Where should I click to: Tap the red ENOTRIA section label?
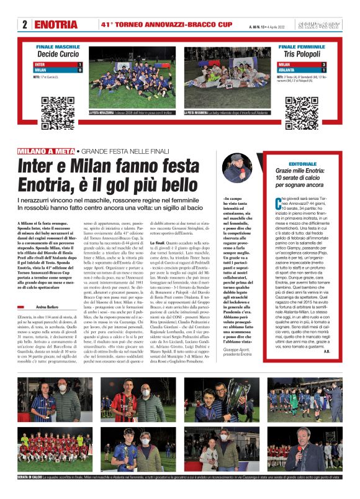[x=56, y=25]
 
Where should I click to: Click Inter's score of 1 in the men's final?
[x=80, y=64]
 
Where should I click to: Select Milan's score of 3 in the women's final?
[x=323, y=65]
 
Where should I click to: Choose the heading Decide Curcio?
[x=58, y=55]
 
